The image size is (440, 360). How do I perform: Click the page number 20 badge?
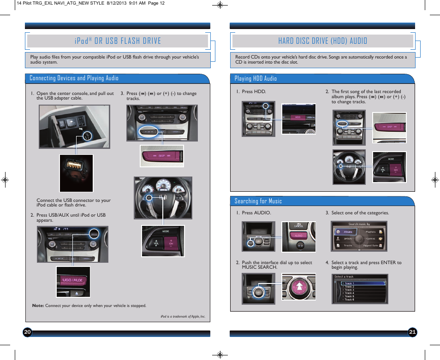pyautogui.click(x=27, y=332)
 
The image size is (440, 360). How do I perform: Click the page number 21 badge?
pyautogui.click(x=412, y=332)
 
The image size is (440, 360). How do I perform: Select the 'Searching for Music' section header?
pyautogui.click(x=258, y=201)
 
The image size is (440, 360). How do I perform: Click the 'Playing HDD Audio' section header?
pyautogui.click(x=256, y=79)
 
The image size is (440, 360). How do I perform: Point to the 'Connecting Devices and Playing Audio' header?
pyautogui.click(x=74, y=78)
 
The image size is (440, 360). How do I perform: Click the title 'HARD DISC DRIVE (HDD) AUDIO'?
pyautogui.click(x=322, y=41)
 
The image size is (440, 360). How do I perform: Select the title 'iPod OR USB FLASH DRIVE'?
pyautogui.click(x=117, y=41)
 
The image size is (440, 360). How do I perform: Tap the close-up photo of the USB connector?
pyautogui.click(x=76, y=173)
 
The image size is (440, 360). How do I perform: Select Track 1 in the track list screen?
pyautogui.click(x=349, y=283)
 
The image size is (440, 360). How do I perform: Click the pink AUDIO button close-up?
pyautogui.click(x=298, y=236)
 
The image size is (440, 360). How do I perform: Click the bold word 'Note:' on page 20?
pyautogui.click(x=38, y=306)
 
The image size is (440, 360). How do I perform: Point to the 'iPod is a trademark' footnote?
pyautogui.click(x=183, y=317)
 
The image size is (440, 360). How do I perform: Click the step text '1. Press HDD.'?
pyautogui.click(x=251, y=92)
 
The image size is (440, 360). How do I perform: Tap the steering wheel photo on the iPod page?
pyautogui.click(x=162, y=197)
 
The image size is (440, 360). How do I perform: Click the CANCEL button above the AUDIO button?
pyautogui.click(x=298, y=226)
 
